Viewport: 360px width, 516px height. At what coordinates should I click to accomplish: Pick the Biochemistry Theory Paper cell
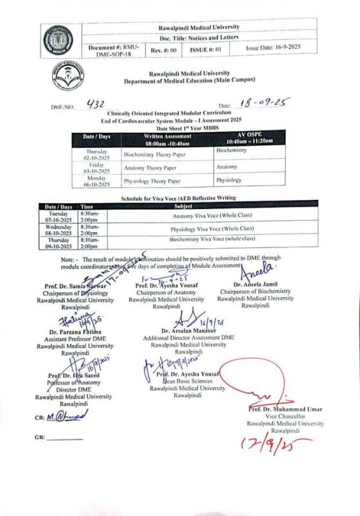pyautogui.click(x=153, y=155)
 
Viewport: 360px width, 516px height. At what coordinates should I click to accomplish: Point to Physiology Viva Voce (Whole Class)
pyautogui.click(x=212, y=229)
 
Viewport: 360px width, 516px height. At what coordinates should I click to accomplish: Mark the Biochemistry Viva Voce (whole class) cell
pyautogui.click(x=212, y=240)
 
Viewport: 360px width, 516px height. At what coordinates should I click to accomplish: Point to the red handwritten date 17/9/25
pyautogui.click(x=269, y=444)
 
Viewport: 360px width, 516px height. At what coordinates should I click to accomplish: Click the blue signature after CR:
pyautogui.click(x=66, y=417)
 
